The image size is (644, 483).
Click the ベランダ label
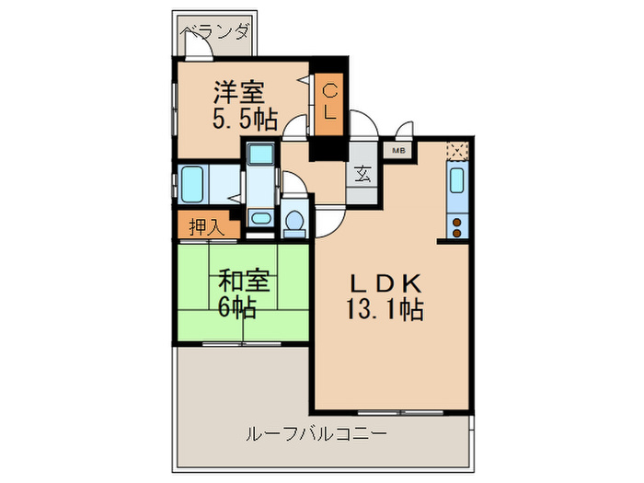[216, 33]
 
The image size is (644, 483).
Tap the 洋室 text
[241, 92]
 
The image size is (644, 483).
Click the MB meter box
[400, 149]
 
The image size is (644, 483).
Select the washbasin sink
[261, 219]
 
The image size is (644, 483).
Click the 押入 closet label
[204, 226]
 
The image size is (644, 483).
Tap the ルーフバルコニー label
[315, 432]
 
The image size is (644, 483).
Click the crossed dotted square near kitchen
[457, 150]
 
